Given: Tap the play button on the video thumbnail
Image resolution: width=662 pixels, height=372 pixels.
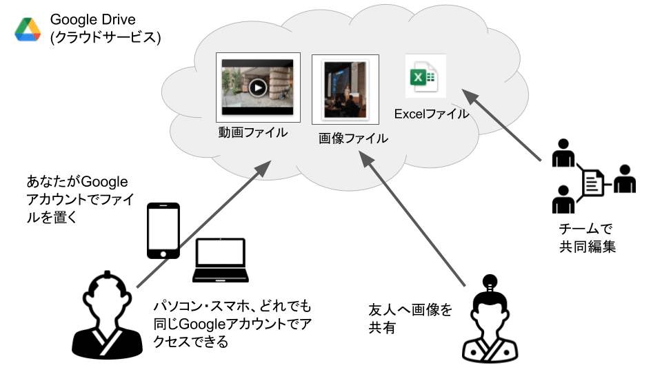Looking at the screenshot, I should (257, 87).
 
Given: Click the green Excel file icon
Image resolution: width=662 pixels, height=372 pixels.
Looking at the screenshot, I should (421, 77).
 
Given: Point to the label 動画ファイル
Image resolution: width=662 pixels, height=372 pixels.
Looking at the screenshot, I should (253, 132).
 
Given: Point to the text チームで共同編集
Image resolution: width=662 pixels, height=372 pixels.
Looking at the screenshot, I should (587, 238).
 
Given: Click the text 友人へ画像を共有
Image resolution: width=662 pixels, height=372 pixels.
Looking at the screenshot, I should (410, 318).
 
